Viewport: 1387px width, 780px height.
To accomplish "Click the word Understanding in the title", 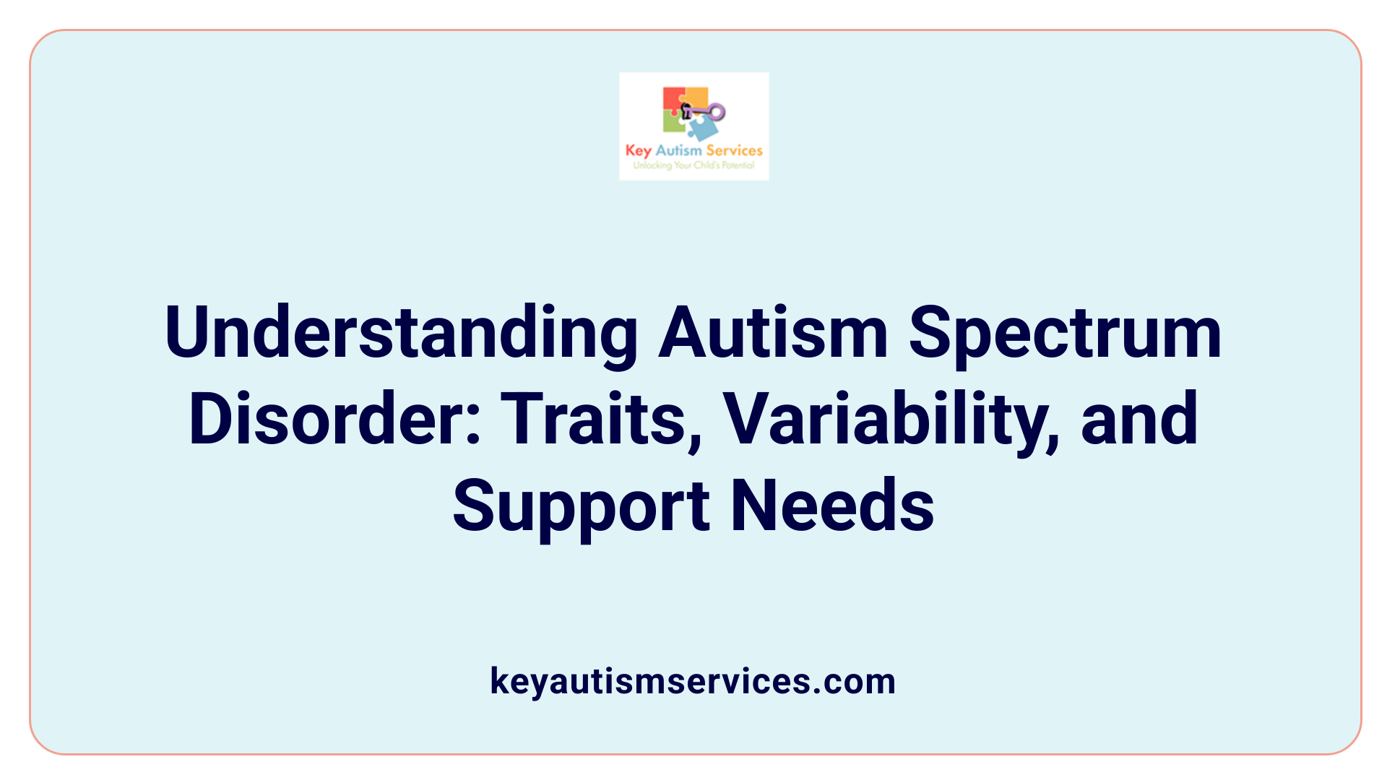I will tap(401, 333).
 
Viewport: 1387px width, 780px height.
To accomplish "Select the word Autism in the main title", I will tap(772, 333).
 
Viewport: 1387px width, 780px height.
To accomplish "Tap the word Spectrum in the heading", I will tap(1065, 333).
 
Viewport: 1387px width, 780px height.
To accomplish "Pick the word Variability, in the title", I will tap(891, 420).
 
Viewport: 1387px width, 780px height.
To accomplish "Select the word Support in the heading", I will tap(581, 506).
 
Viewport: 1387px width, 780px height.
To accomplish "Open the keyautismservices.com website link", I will tap(693, 681).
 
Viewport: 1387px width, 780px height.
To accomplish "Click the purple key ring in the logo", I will tap(717, 112).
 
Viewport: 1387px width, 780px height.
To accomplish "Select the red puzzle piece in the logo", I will tap(673, 100).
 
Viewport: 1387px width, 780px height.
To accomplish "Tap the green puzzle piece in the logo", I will tap(673, 123).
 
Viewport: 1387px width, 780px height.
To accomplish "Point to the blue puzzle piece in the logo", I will tap(701, 129).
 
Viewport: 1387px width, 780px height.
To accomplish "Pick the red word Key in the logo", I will tap(638, 151).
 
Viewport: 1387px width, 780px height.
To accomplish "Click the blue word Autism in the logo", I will tap(678, 150).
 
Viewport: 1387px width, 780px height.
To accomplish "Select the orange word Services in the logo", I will tap(734, 150).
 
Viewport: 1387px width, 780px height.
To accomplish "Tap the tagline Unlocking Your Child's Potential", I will tap(693, 165).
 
